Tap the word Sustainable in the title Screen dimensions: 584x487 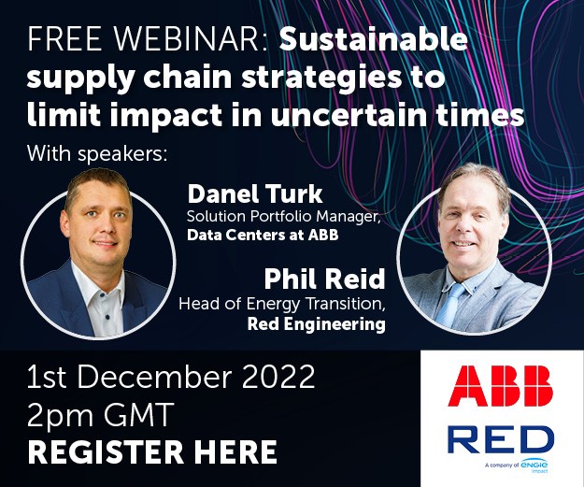tap(374, 38)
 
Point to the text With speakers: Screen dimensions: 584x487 tap(97, 152)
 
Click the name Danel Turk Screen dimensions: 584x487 tap(255, 193)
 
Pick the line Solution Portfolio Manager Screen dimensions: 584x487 tap(283, 217)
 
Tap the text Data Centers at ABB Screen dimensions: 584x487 tap(263, 235)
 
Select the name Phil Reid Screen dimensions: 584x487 tap(324, 279)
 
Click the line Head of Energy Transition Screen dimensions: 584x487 tap(282, 304)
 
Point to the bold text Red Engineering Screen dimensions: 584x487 tap(316, 323)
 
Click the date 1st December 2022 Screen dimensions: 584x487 tap(171, 377)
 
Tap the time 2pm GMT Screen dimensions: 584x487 tap(101, 414)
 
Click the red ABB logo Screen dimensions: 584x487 tap(501, 386)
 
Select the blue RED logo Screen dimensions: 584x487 tap(501, 439)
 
